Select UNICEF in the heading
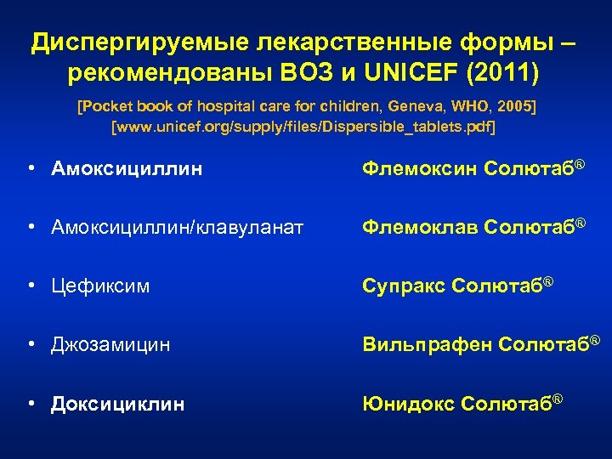(411, 74)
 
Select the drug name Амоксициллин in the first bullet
(127, 168)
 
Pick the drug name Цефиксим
(100, 286)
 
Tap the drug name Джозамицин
(110, 345)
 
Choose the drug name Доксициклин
(117, 404)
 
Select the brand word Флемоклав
(418, 227)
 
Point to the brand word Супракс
(404, 286)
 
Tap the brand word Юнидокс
(407, 404)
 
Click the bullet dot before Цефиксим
(31, 286)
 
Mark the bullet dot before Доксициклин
(31, 404)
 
